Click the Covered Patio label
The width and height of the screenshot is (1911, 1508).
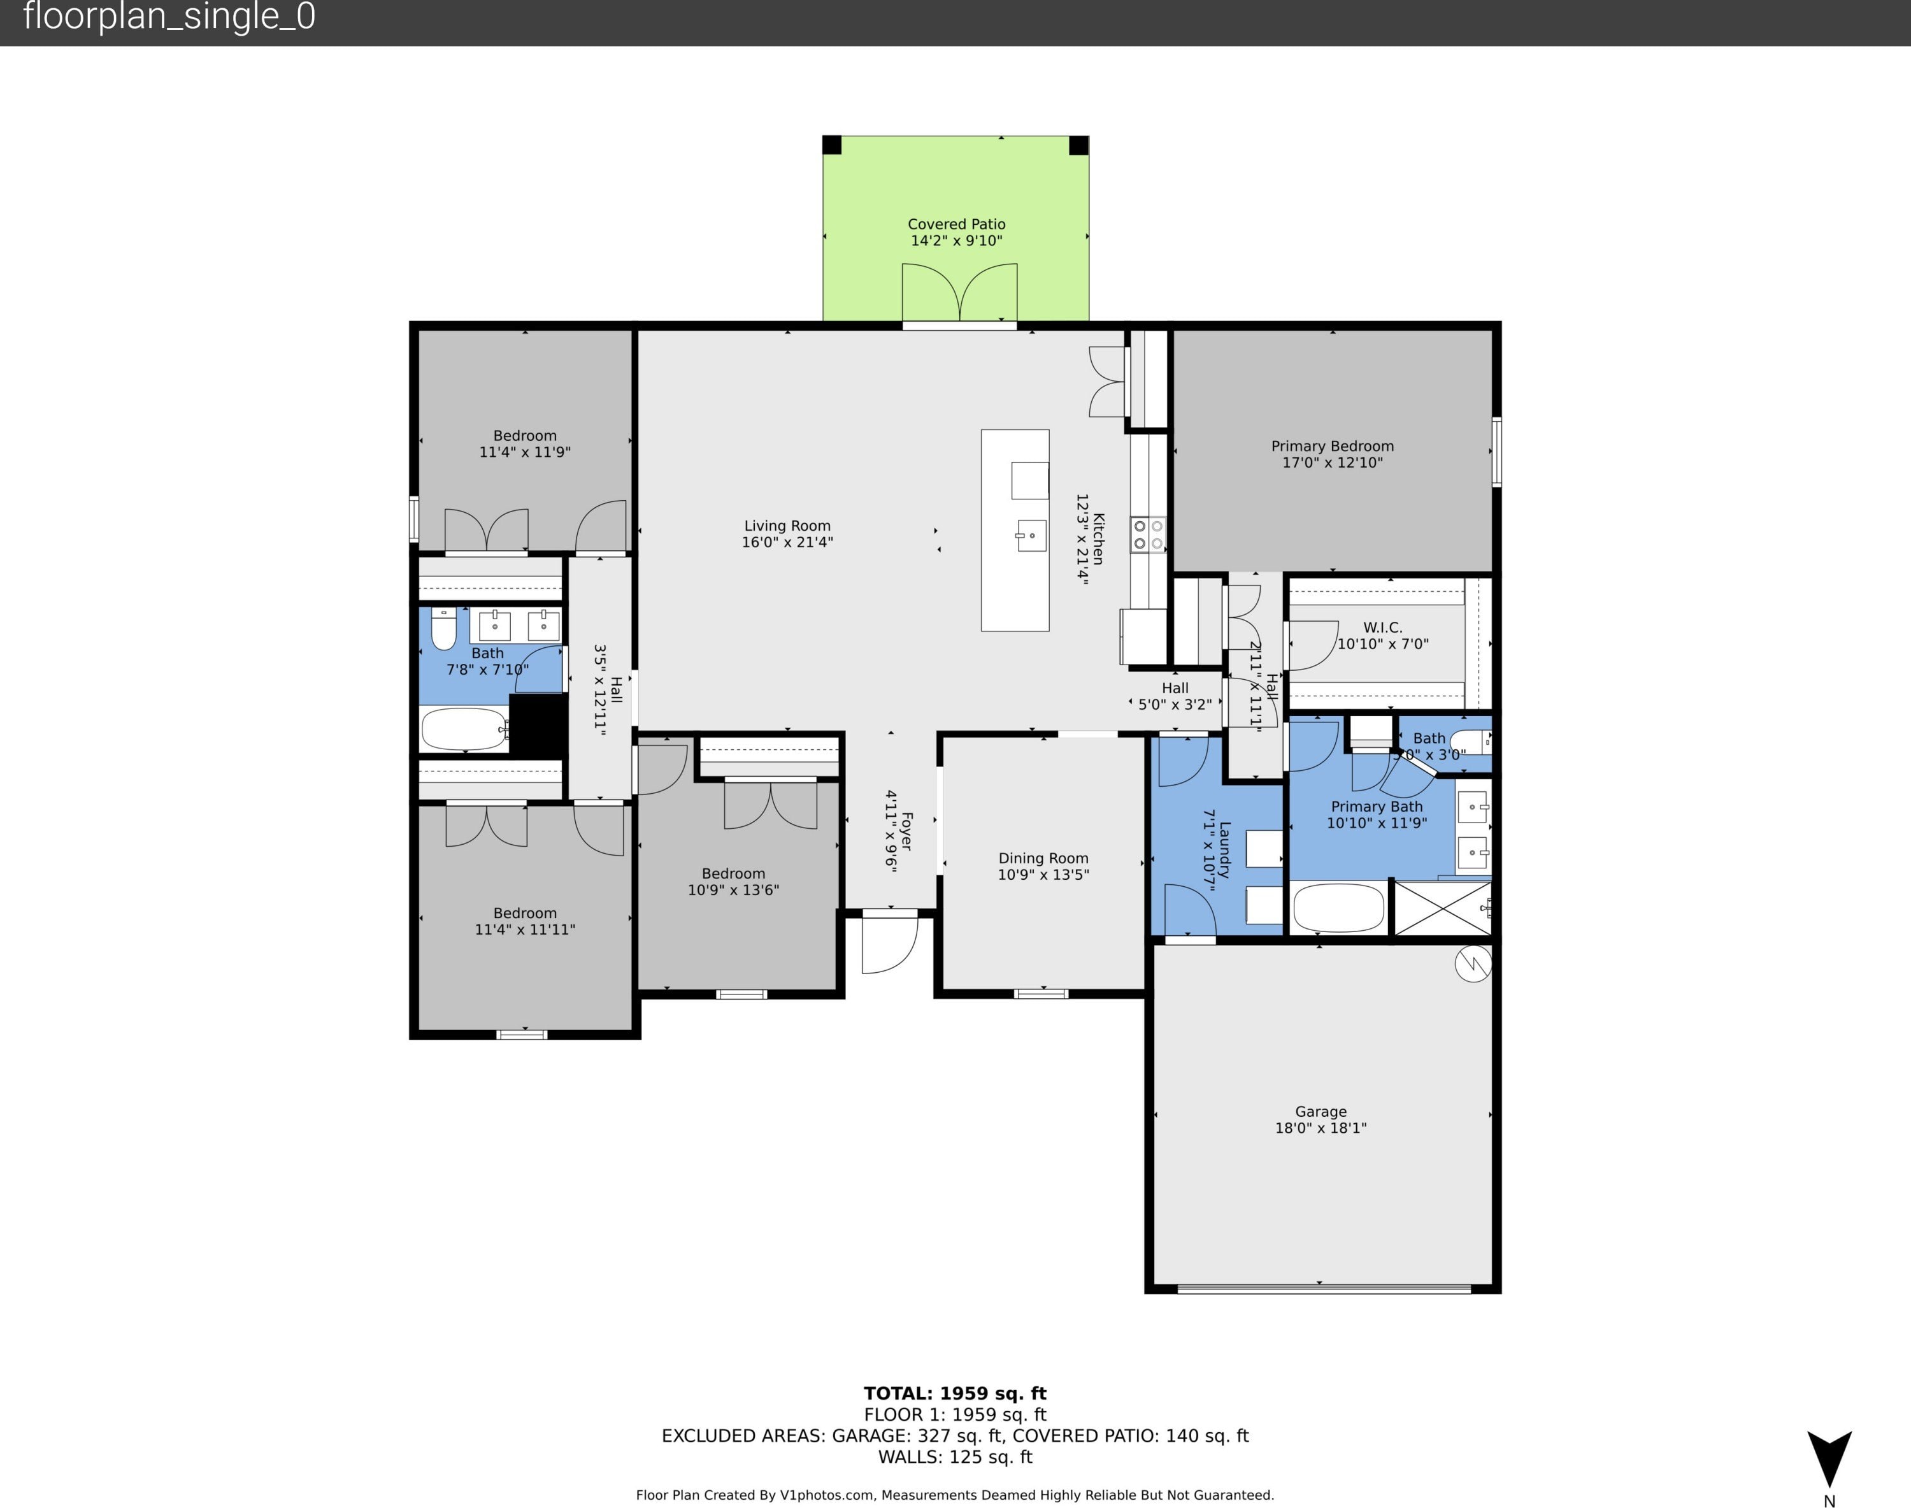tap(957, 224)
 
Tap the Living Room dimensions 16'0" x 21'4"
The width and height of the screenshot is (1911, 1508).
tap(787, 542)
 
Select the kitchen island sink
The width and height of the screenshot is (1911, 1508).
tap(1031, 536)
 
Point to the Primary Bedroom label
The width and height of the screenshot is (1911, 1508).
tap(1332, 447)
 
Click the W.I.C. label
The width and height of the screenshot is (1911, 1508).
tap(1382, 628)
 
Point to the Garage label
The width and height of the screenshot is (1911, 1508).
tap(1321, 1112)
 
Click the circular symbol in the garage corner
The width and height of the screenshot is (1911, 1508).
tap(1472, 963)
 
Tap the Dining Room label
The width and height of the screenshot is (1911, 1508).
tap(1043, 858)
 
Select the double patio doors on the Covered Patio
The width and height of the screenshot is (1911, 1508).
tap(959, 292)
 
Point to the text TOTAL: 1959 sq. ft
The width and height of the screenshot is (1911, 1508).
tap(955, 1393)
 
